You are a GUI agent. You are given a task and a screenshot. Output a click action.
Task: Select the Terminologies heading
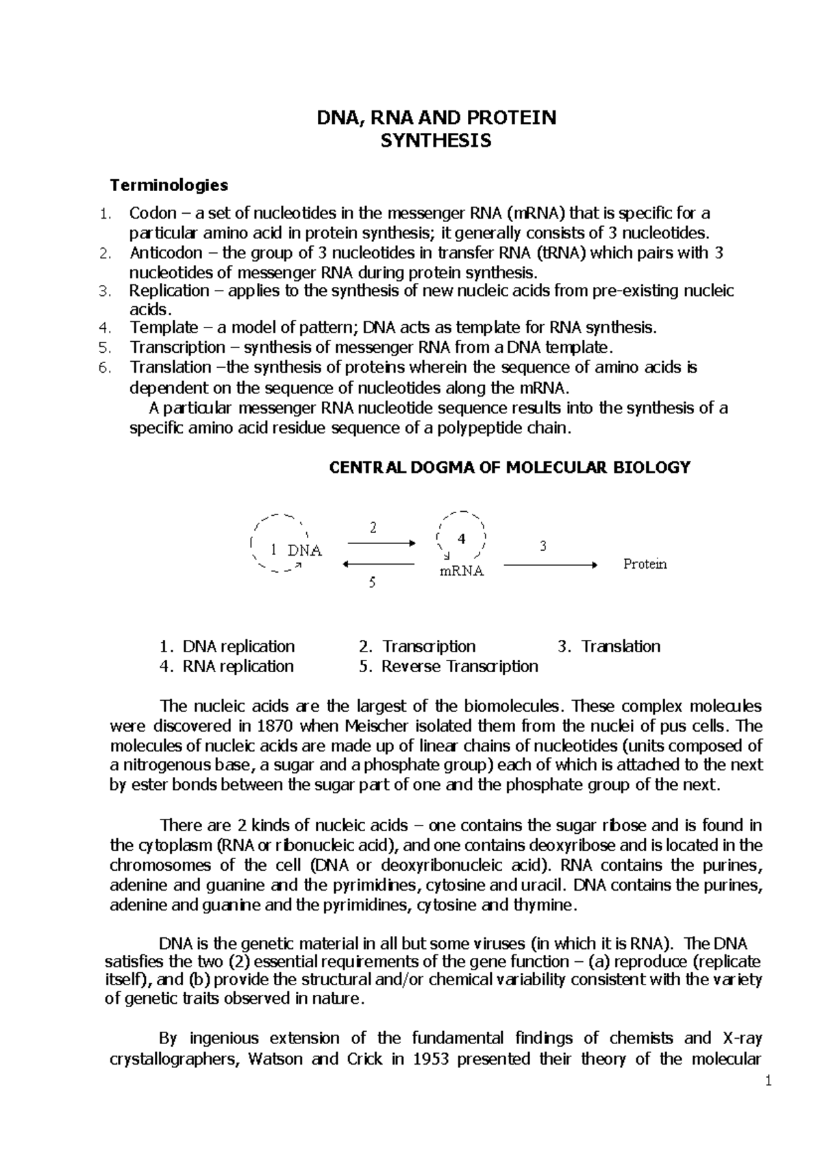coord(169,185)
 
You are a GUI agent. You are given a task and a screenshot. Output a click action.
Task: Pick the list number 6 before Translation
coord(104,368)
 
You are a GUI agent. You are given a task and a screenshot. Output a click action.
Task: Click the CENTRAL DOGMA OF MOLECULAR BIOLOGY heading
coord(510,467)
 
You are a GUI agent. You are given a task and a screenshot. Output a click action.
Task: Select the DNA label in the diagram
coord(305,551)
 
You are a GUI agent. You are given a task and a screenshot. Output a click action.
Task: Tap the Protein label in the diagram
coord(645,564)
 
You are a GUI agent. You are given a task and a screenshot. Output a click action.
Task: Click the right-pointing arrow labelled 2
coord(381,543)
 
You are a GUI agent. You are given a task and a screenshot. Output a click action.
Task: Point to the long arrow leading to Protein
coord(551,565)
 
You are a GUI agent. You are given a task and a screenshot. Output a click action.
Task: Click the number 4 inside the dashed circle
coord(461,539)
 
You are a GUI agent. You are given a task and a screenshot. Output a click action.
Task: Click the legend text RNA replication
coord(238,666)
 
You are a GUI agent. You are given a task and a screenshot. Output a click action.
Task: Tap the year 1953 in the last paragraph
coord(430,1059)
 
